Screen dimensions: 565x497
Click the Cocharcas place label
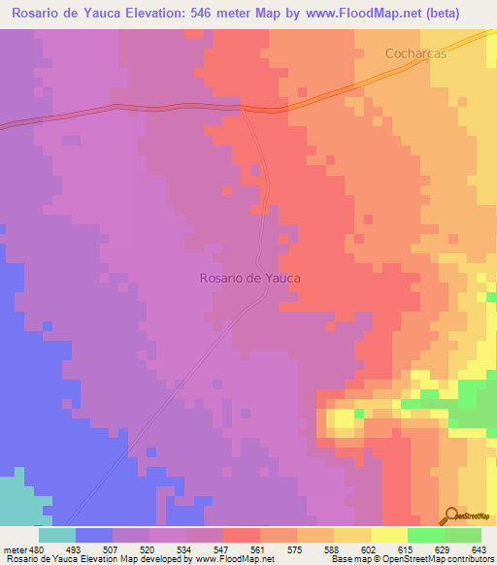[414, 53]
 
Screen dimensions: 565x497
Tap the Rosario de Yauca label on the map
[249, 278]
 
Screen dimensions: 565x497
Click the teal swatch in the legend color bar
[57, 535]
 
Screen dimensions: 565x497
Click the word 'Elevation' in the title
[156, 13]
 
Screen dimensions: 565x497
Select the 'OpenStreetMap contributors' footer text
[441, 559]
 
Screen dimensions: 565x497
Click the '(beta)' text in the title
[460, 13]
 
